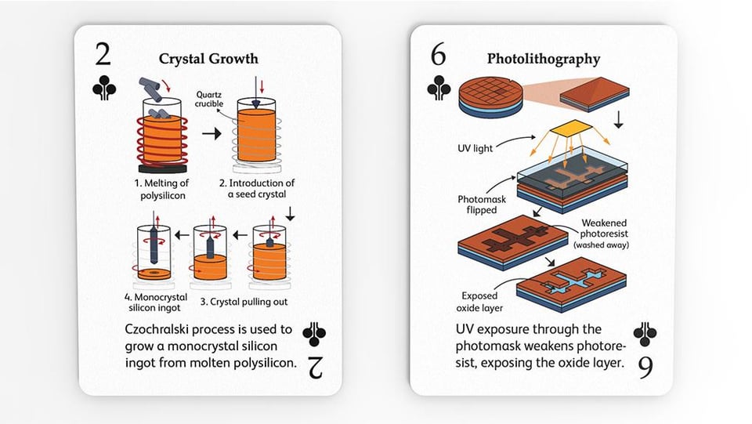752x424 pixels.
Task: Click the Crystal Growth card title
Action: pos(208,59)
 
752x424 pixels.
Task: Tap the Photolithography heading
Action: pos(544,59)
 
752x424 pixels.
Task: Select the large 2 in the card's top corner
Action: pos(103,54)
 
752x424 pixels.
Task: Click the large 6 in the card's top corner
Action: pos(439,54)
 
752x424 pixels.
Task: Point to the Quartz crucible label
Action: pos(209,100)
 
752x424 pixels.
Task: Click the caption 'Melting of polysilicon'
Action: pos(161,189)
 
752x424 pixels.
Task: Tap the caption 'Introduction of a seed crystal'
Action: pos(257,189)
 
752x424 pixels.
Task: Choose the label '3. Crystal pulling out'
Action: pos(244,302)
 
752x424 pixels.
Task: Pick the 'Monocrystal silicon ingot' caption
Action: pos(155,303)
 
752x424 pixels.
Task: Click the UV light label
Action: pos(475,148)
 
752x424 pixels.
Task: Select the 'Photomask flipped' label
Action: pos(482,205)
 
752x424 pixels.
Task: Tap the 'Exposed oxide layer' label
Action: pos(479,302)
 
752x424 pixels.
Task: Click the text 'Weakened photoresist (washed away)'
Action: pos(602,234)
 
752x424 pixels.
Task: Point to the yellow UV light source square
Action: pos(571,128)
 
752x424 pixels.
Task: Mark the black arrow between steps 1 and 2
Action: pos(211,133)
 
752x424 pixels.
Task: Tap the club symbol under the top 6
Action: pos(439,88)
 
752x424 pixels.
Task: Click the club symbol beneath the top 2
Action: pos(104,88)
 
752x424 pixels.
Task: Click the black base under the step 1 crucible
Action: pos(163,169)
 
